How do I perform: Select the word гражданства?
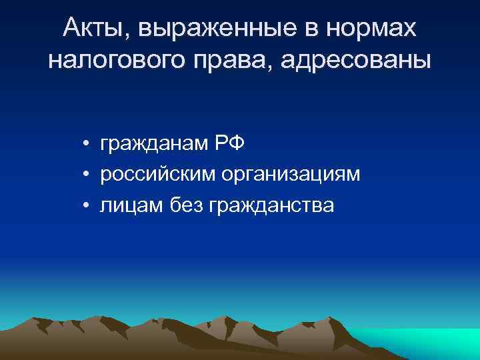[273, 207]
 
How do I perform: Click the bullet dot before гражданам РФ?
[87, 143]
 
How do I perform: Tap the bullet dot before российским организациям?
[87, 175]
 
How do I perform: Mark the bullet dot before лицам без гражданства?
[87, 207]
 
